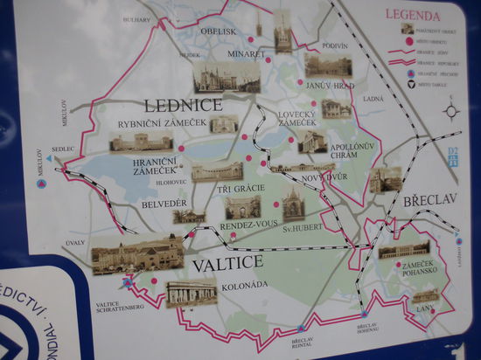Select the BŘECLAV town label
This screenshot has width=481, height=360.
pos(429,200)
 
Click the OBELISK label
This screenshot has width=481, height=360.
pos(217,33)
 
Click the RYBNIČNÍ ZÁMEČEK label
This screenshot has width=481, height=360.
pos(161,123)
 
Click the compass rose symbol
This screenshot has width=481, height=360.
pos(451,111)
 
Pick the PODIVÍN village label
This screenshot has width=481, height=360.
pos(335,45)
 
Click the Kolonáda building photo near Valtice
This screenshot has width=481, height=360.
pos(192,293)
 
